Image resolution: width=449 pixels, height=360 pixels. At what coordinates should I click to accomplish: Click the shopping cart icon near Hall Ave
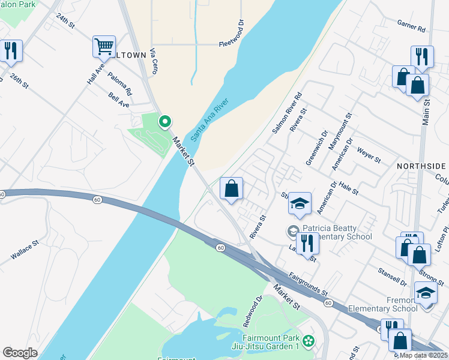[104, 46]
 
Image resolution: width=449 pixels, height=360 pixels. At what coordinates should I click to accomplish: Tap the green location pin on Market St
[164, 122]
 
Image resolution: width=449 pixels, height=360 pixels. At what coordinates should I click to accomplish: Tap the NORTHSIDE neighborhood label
[421, 166]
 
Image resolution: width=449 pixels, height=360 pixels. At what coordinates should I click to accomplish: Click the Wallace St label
[25, 250]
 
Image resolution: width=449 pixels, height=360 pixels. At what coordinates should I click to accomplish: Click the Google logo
[20, 353]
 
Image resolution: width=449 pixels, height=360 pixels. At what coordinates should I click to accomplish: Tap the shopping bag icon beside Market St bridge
[231, 188]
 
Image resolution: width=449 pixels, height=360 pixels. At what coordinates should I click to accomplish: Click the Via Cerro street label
[154, 61]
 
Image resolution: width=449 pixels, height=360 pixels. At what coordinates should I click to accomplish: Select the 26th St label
[19, 81]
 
